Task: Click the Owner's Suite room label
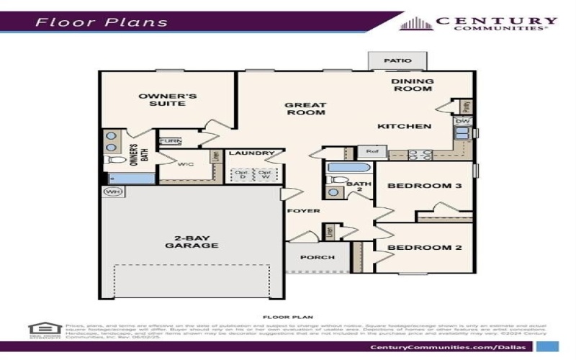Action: pos(158,99)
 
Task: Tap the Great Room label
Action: pos(305,108)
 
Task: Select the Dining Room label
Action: pos(412,85)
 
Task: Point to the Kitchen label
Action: pos(405,127)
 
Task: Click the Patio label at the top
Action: pos(392,61)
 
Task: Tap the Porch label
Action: pos(317,257)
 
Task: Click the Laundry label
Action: pos(251,153)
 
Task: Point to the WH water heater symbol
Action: pos(112,192)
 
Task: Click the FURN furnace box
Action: pos(170,141)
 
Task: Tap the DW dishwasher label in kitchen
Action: pos(462,122)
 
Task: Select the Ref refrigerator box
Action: pos(372,152)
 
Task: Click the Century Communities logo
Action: pos(478,24)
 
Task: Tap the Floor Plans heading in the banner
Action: pos(102,22)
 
